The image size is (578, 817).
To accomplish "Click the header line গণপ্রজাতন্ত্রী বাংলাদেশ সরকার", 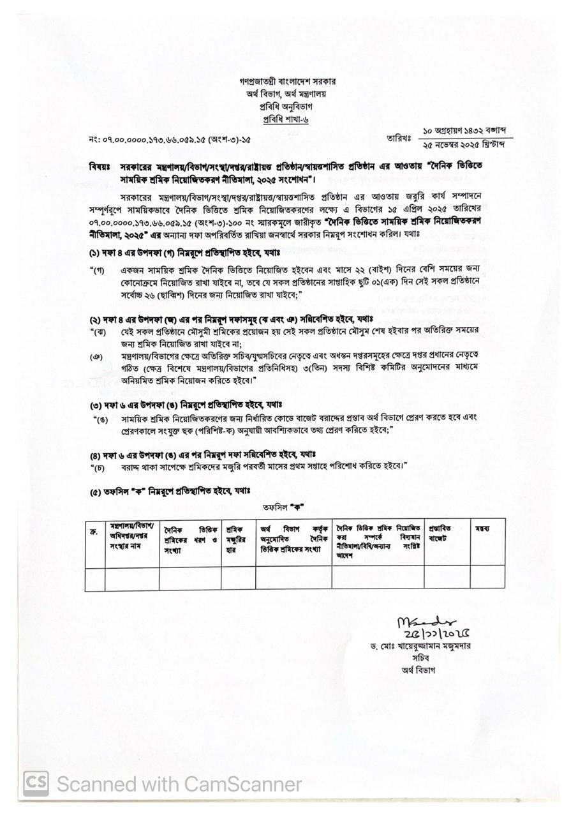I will (x=288, y=82).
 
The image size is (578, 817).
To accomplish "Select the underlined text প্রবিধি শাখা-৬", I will (x=288, y=119).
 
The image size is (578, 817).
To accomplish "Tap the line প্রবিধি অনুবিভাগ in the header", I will (x=288, y=107).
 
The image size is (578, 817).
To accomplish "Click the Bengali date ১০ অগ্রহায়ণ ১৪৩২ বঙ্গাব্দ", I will (x=464, y=130).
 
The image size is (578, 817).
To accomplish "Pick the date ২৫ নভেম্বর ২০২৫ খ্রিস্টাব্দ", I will (x=464, y=146).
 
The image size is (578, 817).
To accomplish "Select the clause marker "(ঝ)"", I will (x=98, y=331).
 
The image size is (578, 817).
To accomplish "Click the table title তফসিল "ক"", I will (x=283, y=507).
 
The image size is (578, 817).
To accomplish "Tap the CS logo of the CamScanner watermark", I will (x=36, y=783).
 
